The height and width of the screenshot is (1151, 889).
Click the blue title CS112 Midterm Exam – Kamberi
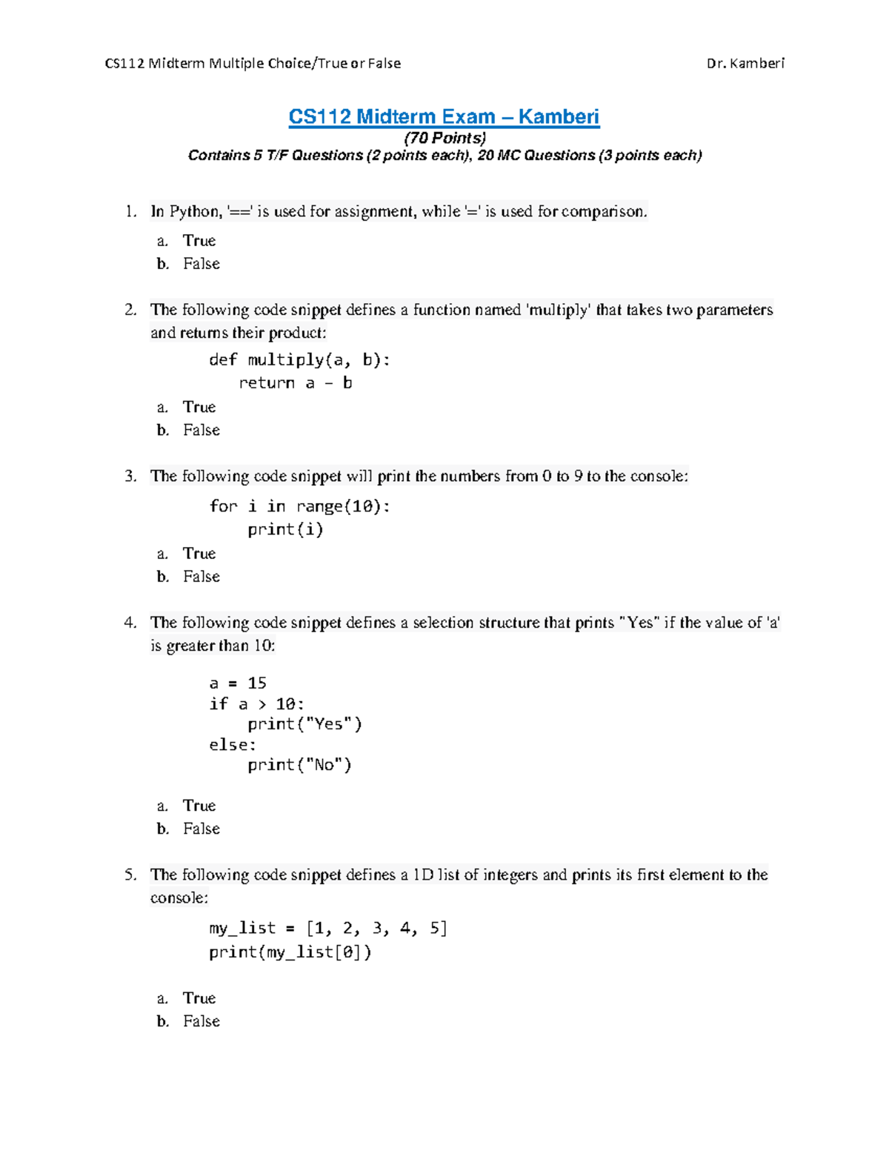[x=444, y=117]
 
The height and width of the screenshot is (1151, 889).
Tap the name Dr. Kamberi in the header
[x=745, y=64]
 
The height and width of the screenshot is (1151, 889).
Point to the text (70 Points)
[x=444, y=138]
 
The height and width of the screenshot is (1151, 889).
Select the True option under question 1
[x=199, y=241]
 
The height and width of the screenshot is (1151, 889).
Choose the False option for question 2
[x=201, y=431]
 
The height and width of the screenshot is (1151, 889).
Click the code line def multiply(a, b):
[x=299, y=360]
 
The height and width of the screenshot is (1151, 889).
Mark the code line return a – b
[x=295, y=383]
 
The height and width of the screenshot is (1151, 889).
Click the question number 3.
[x=130, y=477]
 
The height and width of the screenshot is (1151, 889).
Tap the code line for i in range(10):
[x=299, y=506]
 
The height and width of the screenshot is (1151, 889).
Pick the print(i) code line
[x=285, y=529]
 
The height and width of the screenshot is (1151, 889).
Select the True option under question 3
[x=199, y=554]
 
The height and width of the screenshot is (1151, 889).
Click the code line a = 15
[x=238, y=683]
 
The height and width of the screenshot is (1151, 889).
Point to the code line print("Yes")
[x=304, y=724]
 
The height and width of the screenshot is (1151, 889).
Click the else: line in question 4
[x=233, y=745]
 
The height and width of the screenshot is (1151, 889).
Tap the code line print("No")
[x=299, y=765]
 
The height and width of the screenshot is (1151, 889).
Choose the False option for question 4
[x=201, y=829]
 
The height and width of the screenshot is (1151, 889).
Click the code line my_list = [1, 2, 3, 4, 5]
[x=328, y=929]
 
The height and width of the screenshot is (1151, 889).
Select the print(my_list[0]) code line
[x=290, y=952]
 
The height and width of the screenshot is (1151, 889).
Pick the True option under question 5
[x=199, y=998]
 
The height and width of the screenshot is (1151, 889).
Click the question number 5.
[x=130, y=875]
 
